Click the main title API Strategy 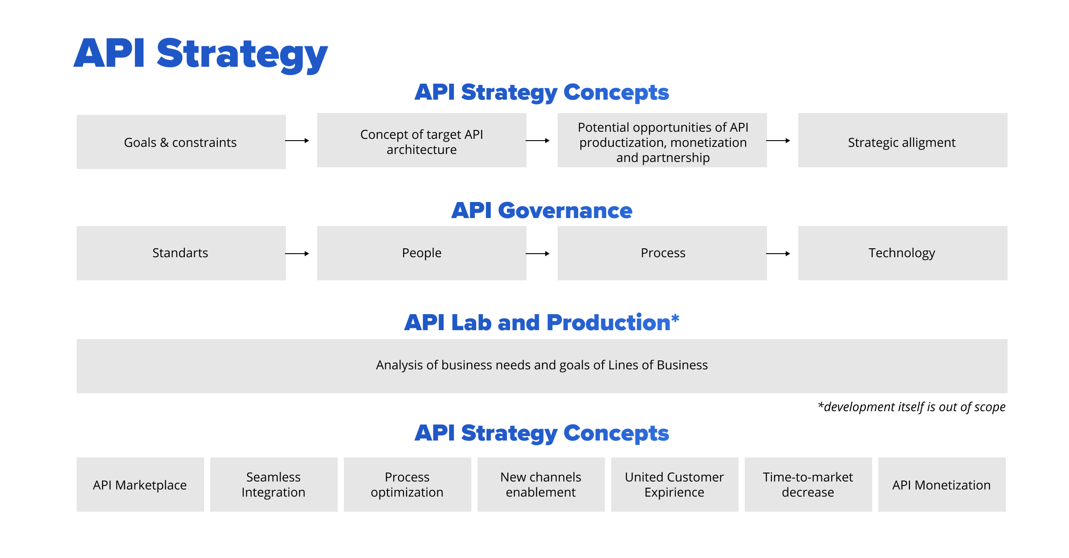coord(200,54)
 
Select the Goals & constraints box coord(181,142)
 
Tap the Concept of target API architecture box coord(421,141)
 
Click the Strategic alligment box coord(902,141)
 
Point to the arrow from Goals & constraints coord(297,141)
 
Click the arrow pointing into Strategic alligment coord(778,141)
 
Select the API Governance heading coord(542,210)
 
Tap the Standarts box coord(181,253)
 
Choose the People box coord(421,253)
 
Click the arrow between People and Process coord(538,254)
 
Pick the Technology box coord(902,253)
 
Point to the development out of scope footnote coord(911,407)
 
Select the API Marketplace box coord(140,485)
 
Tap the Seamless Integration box coord(273,485)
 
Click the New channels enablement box coord(541,485)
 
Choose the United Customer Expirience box coord(674,485)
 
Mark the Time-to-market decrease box coord(808,485)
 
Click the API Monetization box coord(942,485)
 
